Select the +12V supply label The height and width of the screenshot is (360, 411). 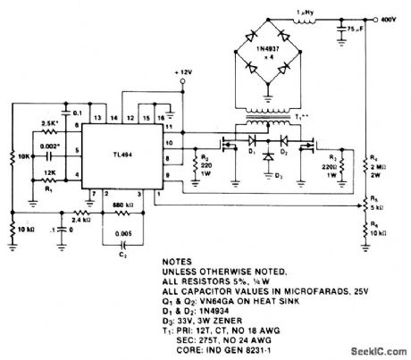[185, 71]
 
